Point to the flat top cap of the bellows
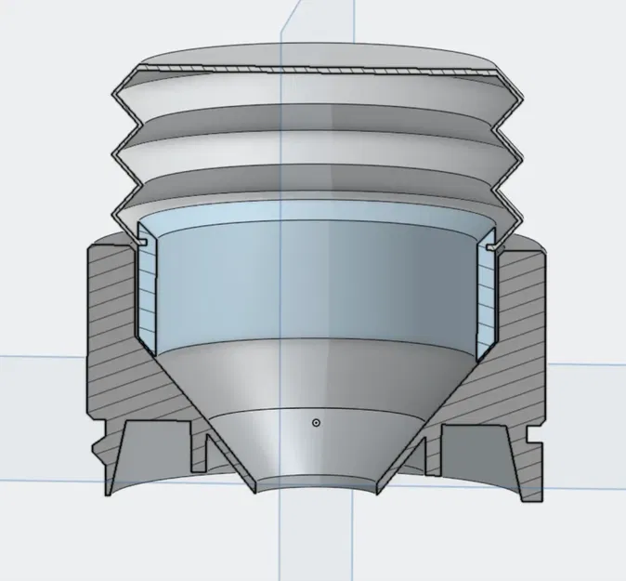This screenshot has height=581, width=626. click(316, 65)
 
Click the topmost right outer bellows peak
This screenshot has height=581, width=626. click(517, 96)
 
